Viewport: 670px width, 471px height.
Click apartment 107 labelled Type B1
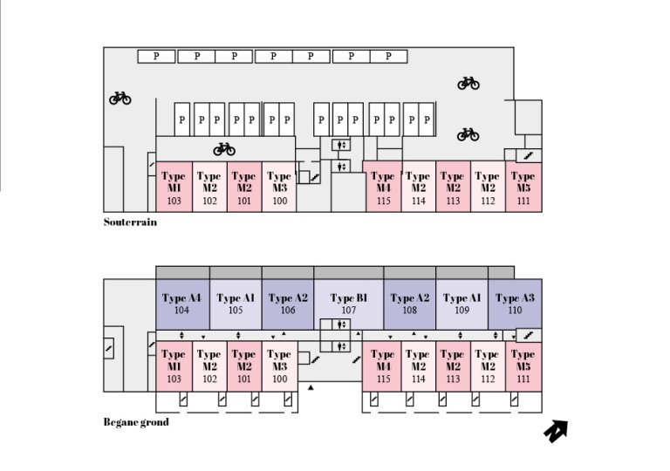[x=348, y=304]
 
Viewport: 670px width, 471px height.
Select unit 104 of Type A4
[x=181, y=304]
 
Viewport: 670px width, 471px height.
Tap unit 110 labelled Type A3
[x=515, y=304]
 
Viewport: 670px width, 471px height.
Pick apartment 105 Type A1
[x=236, y=304]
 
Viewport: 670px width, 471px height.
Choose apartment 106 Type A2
[x=288, y=304]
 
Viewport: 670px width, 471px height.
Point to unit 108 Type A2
[x=409, y=304]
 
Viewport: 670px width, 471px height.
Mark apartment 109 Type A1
[x=461, y=304]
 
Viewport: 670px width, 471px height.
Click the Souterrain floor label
[x=130, y=222]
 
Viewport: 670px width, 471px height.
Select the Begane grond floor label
[x=135, y=422]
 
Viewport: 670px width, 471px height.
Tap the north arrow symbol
[x=555, y=430]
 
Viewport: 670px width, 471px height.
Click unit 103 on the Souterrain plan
[x=174, y=188]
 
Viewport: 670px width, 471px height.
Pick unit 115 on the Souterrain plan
[x=383, y=188]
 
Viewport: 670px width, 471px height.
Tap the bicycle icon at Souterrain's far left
[x=120, y=99]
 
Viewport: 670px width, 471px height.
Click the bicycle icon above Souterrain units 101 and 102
[x=224, y=148]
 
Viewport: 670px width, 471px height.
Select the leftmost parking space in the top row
[x=156, y=56]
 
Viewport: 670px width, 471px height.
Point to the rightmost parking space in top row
[x=388, y=56]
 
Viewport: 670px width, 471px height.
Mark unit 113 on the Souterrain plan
[x=453, y=188]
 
